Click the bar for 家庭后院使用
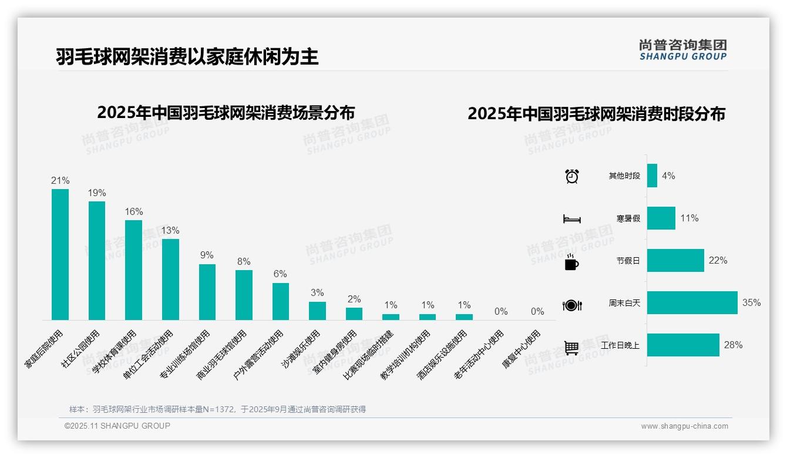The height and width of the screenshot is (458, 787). click(60, 254)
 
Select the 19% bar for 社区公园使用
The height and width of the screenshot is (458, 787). click(97, 261)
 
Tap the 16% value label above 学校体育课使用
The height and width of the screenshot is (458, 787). click(134, 211)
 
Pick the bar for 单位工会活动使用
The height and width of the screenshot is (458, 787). click(170, 279)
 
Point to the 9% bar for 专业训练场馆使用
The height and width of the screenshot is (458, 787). click(207, 292)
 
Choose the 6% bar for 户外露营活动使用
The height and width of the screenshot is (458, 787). click(281, 301)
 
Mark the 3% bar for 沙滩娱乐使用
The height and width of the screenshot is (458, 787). click(317, 311)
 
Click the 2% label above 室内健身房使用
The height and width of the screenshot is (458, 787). click(354, 299)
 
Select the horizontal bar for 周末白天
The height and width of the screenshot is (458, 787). click(692, 303)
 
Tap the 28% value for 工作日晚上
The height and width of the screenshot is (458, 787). click(733, 345)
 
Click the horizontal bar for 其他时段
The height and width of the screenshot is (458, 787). click(652, 176)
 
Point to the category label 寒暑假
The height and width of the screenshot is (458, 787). click(628, 218)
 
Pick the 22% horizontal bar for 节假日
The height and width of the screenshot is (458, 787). click(675, 261)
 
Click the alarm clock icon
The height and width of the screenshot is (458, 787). click(572, 176)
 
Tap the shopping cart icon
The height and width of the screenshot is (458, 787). click(571, 348)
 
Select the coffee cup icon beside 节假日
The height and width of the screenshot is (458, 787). click(571, 262)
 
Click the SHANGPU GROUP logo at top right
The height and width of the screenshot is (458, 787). click(682, 50)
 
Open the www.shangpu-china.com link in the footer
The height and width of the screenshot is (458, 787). click(684, 426)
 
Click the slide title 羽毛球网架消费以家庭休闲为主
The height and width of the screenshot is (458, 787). click(187, 57)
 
